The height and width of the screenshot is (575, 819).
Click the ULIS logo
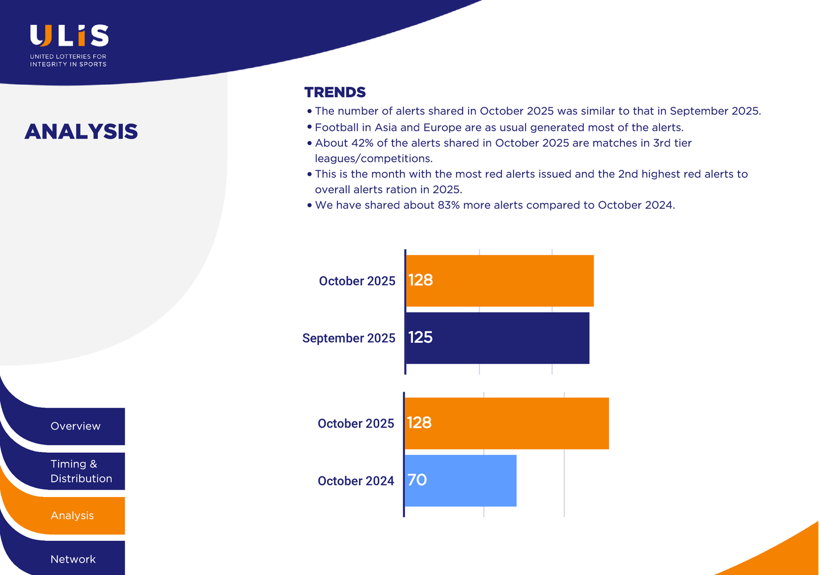pos(69,36)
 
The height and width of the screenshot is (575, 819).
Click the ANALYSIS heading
pos(81,132)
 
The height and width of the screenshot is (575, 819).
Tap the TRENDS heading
pos(335,92)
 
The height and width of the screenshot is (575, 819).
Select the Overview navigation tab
pos(75,426)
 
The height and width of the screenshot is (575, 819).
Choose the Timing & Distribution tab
pos(81,471)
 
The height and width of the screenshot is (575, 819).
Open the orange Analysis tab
pos(72,516)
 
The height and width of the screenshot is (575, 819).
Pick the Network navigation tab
pos(73,559)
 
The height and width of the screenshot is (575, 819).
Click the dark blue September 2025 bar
pos(498,338)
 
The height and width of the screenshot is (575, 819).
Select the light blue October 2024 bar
pos(461,480)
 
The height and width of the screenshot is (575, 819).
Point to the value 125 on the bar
pos(420,338)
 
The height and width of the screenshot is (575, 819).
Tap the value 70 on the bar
pos(417,480)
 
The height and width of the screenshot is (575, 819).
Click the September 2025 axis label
pos(349,338)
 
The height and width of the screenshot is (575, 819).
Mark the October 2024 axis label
pos(355,481)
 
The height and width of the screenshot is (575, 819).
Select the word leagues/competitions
pos(374,159)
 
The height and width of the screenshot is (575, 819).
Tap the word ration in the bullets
pos(402,190)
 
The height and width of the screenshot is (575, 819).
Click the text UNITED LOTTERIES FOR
pos(68,57)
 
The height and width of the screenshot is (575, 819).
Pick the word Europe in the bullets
pos(442,128)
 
